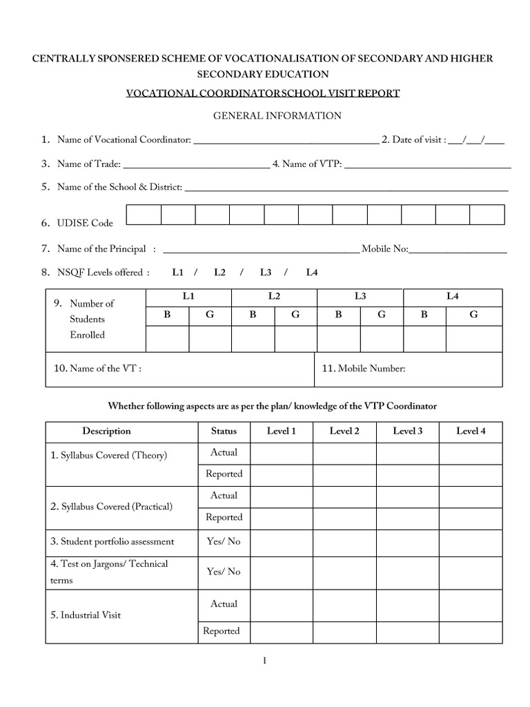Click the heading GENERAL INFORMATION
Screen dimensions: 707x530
(277, 115)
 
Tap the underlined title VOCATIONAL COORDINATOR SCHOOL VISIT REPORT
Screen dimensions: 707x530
(262, 93)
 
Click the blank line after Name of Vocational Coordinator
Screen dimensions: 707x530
(286, 142)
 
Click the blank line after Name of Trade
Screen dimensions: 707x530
(196, 166)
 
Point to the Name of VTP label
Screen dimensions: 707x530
(307, 164)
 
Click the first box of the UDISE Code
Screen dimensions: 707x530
(144, 215)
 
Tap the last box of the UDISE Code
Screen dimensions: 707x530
(487, 215)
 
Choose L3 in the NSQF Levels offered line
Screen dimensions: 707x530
(266, 273)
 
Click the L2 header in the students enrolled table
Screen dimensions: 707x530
(274, 296)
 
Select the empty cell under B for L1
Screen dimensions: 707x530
(167, 338)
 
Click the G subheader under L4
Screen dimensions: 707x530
(473, 314)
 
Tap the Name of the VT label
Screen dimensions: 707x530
(98, 369)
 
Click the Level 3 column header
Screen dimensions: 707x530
(408, 431)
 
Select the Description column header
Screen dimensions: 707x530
(106, 431)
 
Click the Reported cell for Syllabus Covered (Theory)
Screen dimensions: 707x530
(224, 474)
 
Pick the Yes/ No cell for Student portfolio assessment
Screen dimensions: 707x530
(224, 541)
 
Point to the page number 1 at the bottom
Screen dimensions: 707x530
(264, 661)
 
